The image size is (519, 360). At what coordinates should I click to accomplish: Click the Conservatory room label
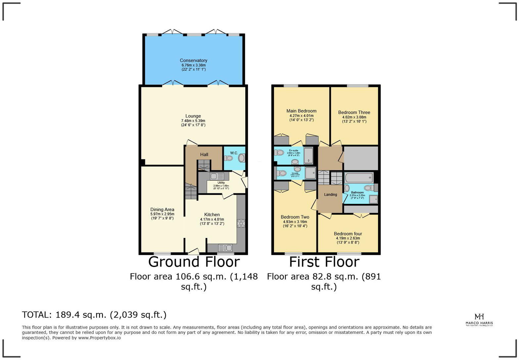(x=193, y=61)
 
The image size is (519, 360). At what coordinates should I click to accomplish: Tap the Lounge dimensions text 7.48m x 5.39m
(x=193, y=121)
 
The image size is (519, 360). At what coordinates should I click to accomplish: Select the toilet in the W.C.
(x=228, y=158)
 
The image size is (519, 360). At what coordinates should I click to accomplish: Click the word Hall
(x=204, y=155)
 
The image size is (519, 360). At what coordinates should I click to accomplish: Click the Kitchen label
(x=212, y=214)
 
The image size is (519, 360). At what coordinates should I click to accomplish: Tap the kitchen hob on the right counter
(x=241, y=223)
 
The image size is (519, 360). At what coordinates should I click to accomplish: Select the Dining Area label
(x=162, y=209)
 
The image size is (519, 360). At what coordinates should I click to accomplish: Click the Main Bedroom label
(x=301, y=111)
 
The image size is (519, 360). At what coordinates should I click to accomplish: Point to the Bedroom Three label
(x=354, y=112)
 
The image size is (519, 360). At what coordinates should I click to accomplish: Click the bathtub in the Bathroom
(x=358, y=178)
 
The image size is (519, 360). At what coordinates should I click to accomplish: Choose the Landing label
(x=330, y=195)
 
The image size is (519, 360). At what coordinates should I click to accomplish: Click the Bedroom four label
(x=348, y=234)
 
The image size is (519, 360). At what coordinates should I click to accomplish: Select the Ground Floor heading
(x=194, y=262)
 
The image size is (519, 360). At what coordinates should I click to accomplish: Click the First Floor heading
(x=324, y=262)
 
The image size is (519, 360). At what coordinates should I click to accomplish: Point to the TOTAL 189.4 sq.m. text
(x=94, y=315)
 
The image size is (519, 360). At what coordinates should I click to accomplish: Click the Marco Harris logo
(x=479, y=320)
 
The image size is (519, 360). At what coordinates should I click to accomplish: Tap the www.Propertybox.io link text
(x=99, y=338)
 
